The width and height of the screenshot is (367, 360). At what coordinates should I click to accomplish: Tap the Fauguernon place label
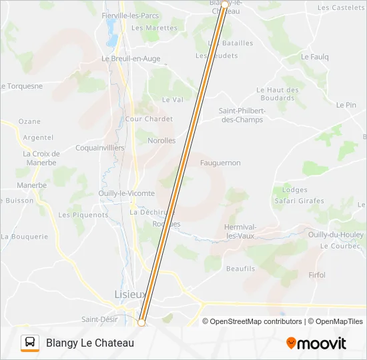220,163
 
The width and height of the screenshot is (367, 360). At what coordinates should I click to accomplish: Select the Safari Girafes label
299,201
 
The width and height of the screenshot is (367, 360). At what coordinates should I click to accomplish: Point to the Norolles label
161,141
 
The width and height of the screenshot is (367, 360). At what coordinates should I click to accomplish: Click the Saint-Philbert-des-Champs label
242,115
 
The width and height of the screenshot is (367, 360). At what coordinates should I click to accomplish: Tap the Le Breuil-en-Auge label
131,59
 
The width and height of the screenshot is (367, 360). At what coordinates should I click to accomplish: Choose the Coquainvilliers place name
100,148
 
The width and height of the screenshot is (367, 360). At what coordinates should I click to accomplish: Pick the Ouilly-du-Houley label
336,235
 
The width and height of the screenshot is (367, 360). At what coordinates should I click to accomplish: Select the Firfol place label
317,275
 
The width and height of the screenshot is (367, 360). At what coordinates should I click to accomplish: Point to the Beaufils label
240,269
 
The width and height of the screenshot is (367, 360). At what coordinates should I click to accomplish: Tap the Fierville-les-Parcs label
130,15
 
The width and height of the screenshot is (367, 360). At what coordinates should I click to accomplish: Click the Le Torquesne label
21,86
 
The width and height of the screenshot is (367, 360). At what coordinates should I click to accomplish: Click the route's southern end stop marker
141,323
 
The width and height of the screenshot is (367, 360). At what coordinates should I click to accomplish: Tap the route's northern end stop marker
224,5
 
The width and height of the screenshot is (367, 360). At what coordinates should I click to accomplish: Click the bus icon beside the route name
30,343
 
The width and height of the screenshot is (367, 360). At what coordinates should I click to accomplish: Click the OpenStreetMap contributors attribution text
252,321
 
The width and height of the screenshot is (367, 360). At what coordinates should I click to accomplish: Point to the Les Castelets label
341,7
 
